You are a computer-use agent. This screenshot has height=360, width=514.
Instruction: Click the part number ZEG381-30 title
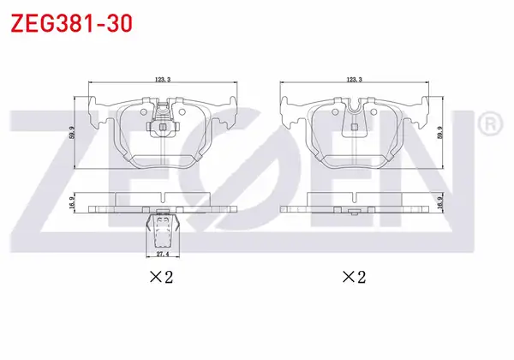pyautogui.click(x=71, y=24)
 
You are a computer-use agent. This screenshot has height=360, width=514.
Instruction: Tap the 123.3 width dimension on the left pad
pyautogui.click(x=163, y=80)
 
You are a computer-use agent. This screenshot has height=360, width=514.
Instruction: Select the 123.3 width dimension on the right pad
pyautogui.click(x=354, y=80)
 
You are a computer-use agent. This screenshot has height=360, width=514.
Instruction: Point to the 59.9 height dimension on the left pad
pyautogui.click(x=73, y=133)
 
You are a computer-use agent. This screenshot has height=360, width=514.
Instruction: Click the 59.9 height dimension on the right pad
pyautogui.click(x=440, y=133)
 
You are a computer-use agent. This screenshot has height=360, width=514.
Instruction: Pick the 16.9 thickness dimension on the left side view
pyautogui.click(x=73, y=202)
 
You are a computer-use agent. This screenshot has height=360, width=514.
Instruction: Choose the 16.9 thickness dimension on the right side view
pyautogui.click(x=440, y=202)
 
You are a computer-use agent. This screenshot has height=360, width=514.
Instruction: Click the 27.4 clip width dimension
pyautogui.click(x=163, y=254)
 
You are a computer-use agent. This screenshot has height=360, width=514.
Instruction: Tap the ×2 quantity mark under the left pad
pyautogui.click(x=161, y=278)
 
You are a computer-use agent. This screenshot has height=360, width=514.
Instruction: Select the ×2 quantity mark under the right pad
pyautogui.click(x=354, y=278)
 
